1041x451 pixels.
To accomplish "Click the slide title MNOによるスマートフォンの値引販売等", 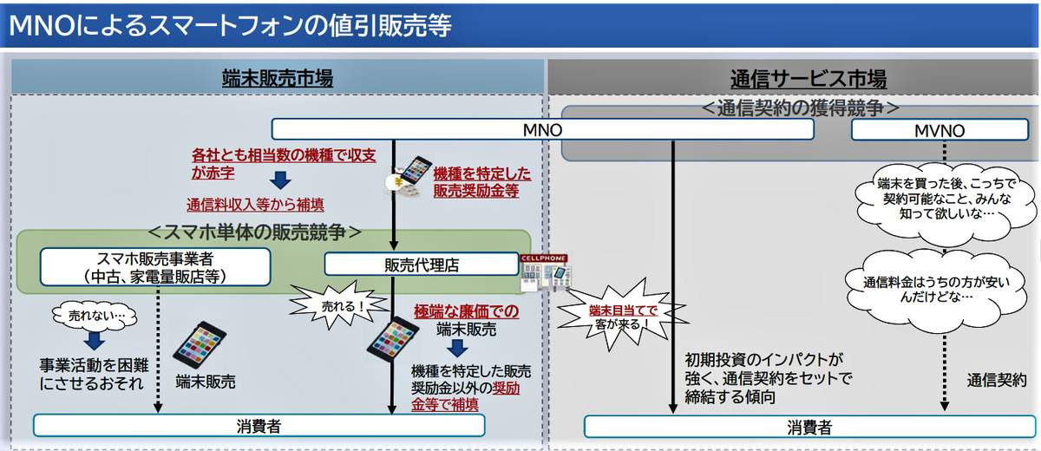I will coord(230,25).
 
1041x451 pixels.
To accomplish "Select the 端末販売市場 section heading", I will coord(278,79).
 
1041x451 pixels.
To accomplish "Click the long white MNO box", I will coord(542,129).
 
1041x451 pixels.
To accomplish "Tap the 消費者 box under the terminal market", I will coord(259,425).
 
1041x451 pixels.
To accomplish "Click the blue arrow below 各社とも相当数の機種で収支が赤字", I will coord(280,181).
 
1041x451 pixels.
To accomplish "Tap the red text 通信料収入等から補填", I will coord(256,206).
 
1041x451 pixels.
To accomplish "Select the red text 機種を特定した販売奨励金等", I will coord(481,182).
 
